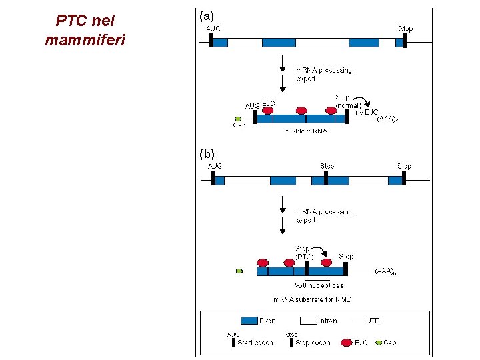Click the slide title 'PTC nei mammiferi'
(85, 31)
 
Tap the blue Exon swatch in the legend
(249, 321)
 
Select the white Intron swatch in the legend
(309, 321)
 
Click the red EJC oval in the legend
(346, 342)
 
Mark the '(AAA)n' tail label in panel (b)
(386, 271)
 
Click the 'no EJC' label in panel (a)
(367, 112)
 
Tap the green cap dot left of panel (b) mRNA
(239, 271)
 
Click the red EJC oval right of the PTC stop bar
(326, 263)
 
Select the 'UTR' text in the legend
(373, 321)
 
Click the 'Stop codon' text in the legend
(313, 343)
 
